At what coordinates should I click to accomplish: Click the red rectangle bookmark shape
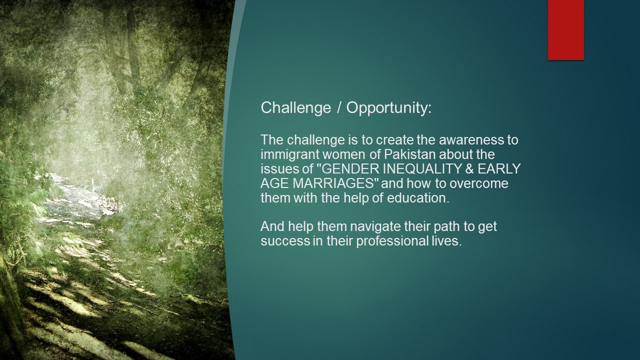[x=565, y=30]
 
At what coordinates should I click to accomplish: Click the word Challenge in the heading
[x=295, y=108]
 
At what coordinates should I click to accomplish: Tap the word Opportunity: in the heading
[x=389, y=108]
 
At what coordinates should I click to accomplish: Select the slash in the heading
[x=339, y=107]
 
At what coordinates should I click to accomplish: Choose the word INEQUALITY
[x=422, y=169]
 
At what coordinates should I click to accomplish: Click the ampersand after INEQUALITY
[x=469, y=169]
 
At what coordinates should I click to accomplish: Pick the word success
[x=285, y=241]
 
